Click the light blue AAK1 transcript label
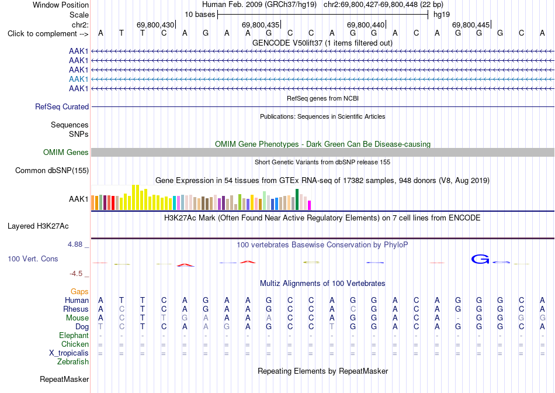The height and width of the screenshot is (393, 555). coord(79,79)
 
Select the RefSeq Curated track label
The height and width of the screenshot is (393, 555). coord(62,106)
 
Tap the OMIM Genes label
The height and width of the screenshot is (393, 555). coord(66,153)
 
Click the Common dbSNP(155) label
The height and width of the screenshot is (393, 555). coord(52,170)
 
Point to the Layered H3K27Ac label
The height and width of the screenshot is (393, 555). coord(38,226)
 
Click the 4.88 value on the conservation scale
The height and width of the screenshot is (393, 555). coord(75,244)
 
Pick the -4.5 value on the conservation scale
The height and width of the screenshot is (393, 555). coord(76,274)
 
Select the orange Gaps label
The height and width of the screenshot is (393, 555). coord(79,291)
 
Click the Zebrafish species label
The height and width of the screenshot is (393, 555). coord(73,362)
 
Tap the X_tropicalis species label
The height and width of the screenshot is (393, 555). coord(69,353)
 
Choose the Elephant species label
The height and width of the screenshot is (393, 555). coord(74,335)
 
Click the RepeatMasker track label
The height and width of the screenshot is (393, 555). coord(64,379)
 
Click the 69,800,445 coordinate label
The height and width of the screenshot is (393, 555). coord(471,25)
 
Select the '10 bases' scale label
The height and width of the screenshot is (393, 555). coord(200,15)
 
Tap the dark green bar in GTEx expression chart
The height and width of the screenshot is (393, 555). coord(297,199)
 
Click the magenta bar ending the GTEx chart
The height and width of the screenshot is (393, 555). coord(310,205)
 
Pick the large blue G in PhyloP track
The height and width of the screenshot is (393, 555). coord(480,260)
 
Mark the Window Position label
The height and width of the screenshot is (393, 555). coord(61,5)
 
